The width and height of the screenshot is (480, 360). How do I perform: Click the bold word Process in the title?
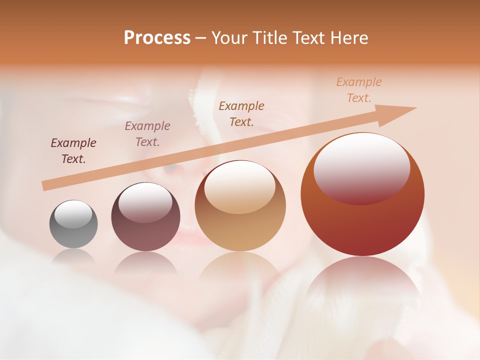(x=157, y=37)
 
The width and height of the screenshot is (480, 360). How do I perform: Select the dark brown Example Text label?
(x=73, y=151)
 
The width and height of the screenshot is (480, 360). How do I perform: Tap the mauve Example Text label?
(x=147, y=134)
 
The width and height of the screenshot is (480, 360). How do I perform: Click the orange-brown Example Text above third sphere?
(x=241, y=113)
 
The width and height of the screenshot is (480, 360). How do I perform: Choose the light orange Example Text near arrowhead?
(x=359, y=90)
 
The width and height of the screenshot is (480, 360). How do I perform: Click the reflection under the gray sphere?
(x=73, y=257)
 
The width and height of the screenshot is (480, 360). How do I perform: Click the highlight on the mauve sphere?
(x=145, y=202)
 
